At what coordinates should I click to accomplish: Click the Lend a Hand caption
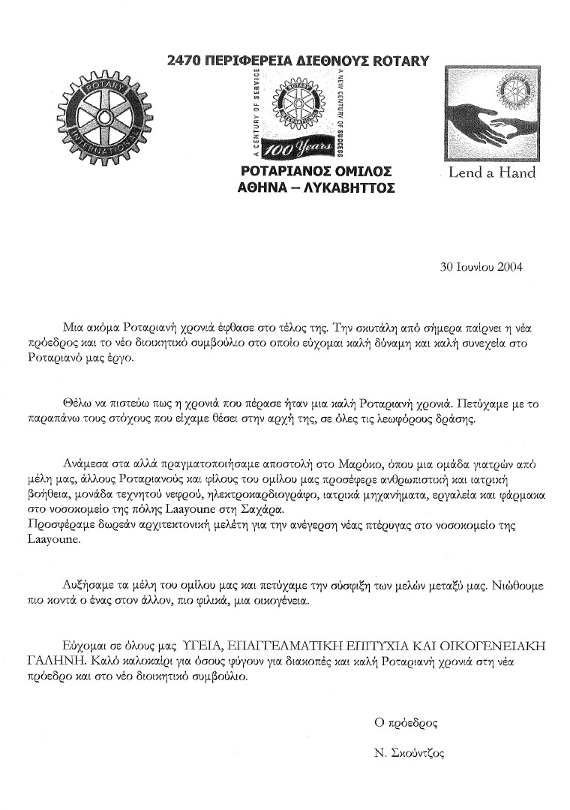[x=491, y=172]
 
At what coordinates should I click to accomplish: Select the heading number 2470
[x=187, y=61]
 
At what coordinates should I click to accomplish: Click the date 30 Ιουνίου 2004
[x=480, y=265]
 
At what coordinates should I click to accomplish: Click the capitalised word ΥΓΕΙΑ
[x=202, y=645]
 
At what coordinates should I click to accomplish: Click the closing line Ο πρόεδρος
[x=406, y=723]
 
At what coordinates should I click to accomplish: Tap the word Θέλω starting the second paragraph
[x=74, y=403]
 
